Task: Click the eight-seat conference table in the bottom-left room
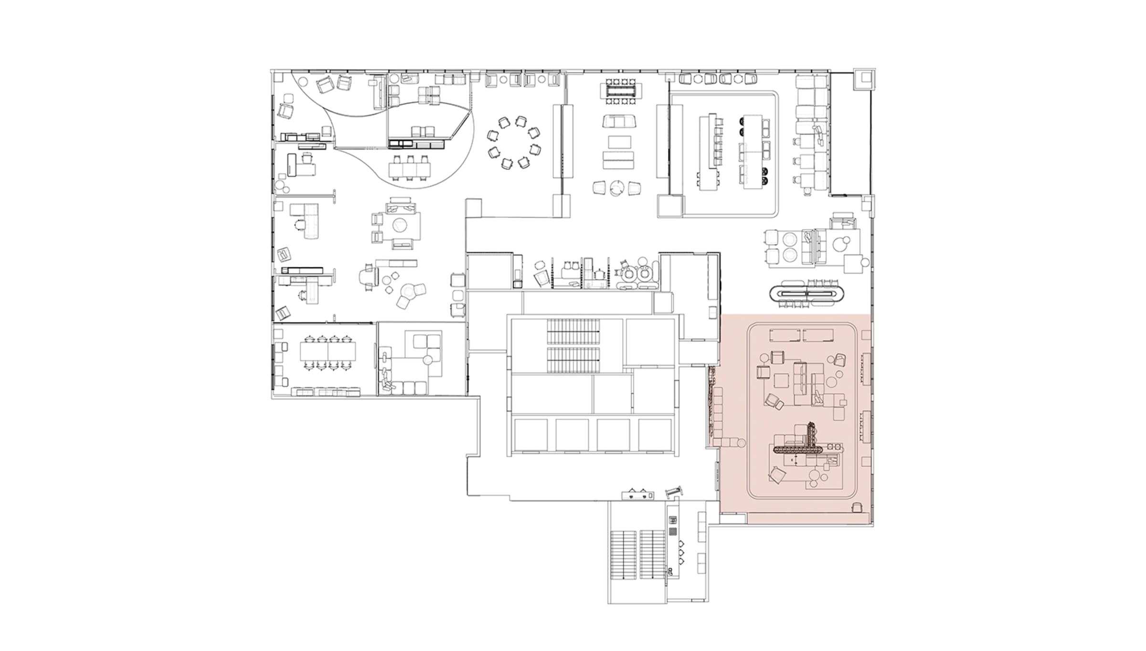(x=328, y=352)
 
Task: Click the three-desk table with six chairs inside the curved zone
(x=410, y=169)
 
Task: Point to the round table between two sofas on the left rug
(x=399, y=225)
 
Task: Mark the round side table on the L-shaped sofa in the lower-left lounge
(x=428, y=360)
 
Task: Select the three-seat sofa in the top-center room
(x=619, y=121)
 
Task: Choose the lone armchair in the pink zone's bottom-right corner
(x=858, y=508)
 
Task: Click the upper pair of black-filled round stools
(x=743, y=125)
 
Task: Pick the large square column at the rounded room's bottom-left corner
(x=669, y=206)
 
